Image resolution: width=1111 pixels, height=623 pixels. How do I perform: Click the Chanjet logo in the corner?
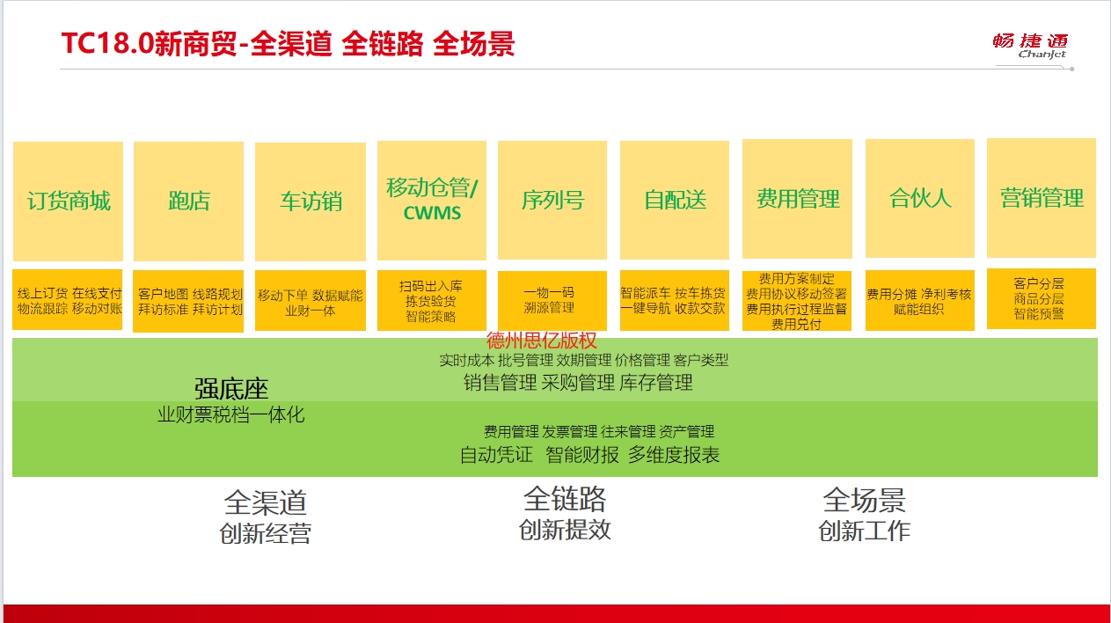tap(1030, 46)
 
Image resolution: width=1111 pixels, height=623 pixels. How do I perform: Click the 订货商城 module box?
tap(68, 201)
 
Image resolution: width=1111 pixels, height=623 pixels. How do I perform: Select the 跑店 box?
tap(188, 201)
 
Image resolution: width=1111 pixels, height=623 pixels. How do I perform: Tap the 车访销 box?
tap(311, 202)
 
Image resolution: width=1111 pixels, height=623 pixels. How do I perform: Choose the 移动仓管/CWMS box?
tap(432, 201)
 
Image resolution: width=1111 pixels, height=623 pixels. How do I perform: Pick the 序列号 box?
tap(552, 200)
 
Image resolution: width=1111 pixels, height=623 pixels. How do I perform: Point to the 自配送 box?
tap(675, 200)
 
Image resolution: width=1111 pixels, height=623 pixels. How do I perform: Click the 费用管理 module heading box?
tap(797, 199)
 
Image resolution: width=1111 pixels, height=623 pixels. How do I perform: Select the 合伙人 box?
tap(920, 198)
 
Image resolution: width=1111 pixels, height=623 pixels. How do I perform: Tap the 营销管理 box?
tap(1042, 198)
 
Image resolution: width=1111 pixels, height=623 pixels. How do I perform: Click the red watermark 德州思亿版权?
tap(542, 341)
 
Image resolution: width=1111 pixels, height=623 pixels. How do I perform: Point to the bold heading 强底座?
tap(231, 388)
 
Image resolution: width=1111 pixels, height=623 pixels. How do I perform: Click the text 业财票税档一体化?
tap(231, 414)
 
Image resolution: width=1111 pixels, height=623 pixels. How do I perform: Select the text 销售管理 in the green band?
tap(500, 383)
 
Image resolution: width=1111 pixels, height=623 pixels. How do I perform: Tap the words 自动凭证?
tap(496, 455)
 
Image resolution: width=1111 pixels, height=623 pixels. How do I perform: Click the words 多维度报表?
tap(674, 455)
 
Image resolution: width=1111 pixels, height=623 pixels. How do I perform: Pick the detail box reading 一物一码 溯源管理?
tap(552, 300)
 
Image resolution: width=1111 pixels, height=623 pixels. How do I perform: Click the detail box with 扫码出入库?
tap(432, 300)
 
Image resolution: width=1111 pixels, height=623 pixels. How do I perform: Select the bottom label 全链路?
tap(565, 499)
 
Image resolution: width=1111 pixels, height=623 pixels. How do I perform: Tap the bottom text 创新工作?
tap(865, 531)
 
